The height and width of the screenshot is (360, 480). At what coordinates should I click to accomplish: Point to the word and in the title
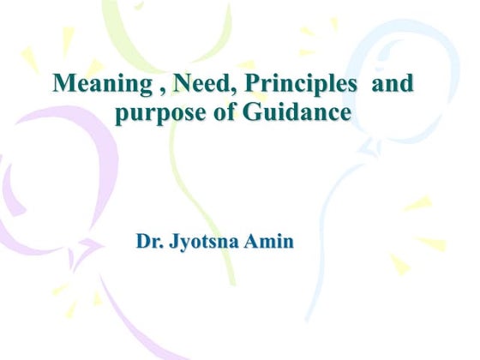click(393, 85)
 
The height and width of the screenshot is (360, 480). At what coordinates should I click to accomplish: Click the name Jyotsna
click(207, 243)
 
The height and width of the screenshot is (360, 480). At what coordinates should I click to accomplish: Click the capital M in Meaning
click(63, 85)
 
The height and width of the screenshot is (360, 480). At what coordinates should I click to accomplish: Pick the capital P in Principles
click(235, 85)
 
